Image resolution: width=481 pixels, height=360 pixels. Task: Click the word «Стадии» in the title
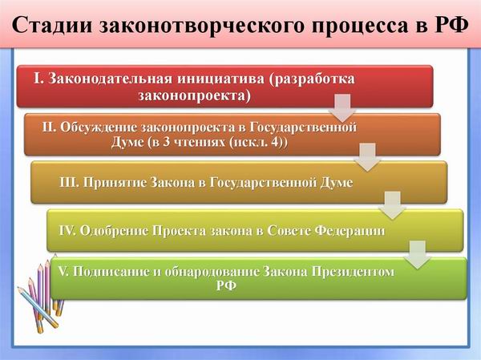(x=52, y=25)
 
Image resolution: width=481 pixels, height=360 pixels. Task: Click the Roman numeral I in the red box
(x=37, y=79)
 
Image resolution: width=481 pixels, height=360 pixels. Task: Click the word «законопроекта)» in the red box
(x=195, y=96)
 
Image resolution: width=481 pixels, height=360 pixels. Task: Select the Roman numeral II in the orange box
(x=49, y=127)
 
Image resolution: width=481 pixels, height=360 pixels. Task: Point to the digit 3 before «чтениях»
(x=167, y=143)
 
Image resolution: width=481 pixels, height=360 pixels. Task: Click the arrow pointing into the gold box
(x=367, y=157)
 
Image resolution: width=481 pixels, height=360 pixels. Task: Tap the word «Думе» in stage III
(x=336, y=183)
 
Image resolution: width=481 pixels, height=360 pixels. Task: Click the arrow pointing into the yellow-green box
(x=392, y=205)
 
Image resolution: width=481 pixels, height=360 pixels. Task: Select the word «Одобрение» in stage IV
(x=114, y=231)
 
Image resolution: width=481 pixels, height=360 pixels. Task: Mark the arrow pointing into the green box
(x=418, y=255)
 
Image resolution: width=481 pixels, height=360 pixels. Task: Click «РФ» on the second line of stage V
(x=226, y=285)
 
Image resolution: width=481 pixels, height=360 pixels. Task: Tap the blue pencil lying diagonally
(x=38, y=308)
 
